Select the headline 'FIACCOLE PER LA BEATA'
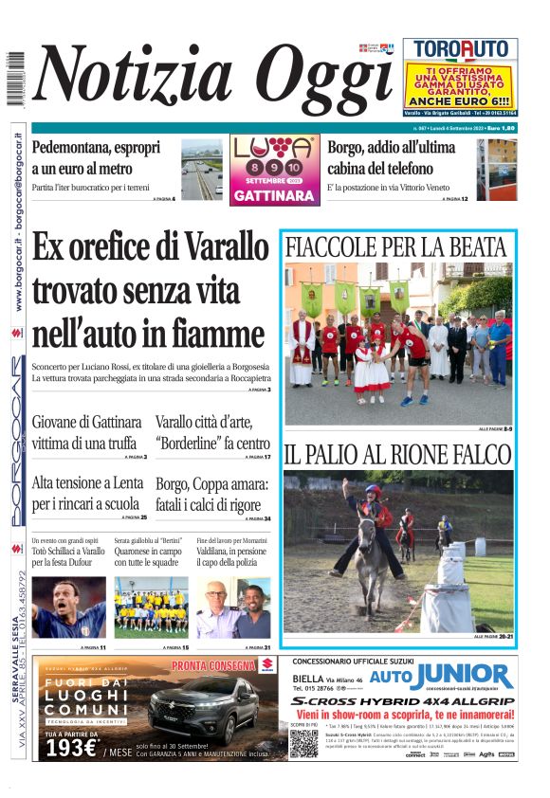(x=395, y=247)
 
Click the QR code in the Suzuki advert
(x=302, y=742)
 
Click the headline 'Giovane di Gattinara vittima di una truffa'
(x=87, y=432)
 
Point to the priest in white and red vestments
(x=302, y=348)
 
